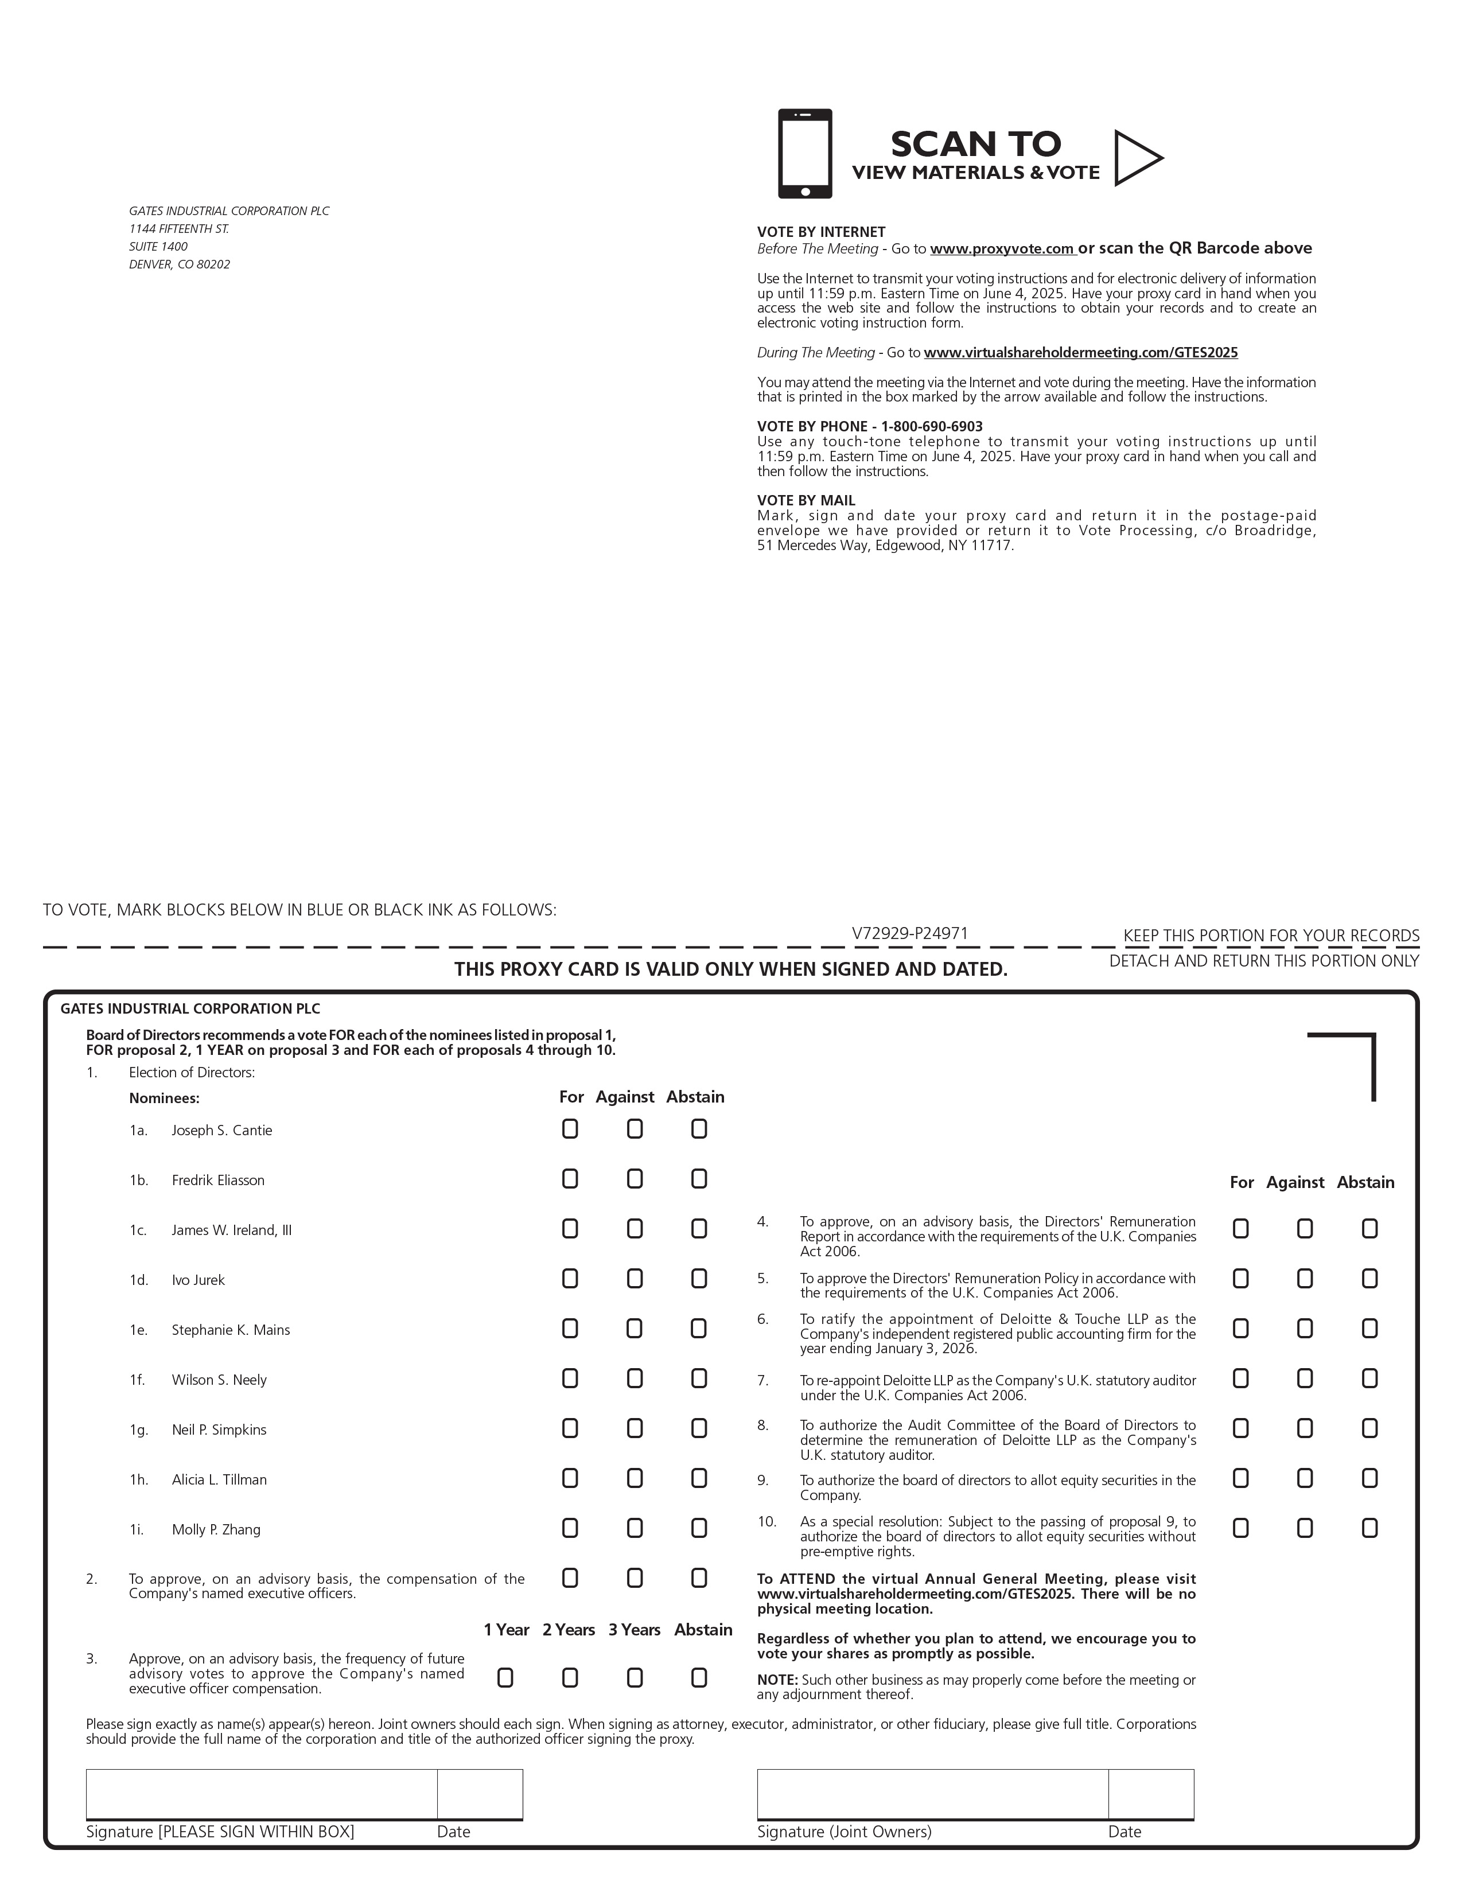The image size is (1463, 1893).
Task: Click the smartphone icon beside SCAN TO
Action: point(804,153)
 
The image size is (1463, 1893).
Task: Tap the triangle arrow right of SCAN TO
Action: point(1135,158)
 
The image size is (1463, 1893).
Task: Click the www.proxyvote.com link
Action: point(1003,249)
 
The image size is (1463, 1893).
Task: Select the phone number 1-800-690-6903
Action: point(932,426)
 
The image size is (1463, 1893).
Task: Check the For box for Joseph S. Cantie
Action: point(570,1128)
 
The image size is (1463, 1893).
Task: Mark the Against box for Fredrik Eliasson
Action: point(635,1179)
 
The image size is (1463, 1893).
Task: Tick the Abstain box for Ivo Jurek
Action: point(699,1279)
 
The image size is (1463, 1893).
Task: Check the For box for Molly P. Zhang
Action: point(570,1528)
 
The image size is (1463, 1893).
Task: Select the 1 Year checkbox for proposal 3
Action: point(505,1678)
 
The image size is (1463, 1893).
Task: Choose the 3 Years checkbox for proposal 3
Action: point(635,1678)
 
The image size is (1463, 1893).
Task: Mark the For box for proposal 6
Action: point(1240,1329)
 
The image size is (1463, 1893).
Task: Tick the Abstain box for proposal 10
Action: point(1369,1528)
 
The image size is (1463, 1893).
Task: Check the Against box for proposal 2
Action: point(635,1579)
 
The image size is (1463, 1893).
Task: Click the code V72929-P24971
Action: point(909,933)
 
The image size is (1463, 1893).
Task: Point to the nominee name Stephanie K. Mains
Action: point(231,1330)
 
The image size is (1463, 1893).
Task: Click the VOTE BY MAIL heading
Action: point(806,500)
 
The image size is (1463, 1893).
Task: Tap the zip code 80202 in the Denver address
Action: point(213,264)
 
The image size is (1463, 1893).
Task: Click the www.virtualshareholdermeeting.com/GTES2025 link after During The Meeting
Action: point(1081,353)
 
